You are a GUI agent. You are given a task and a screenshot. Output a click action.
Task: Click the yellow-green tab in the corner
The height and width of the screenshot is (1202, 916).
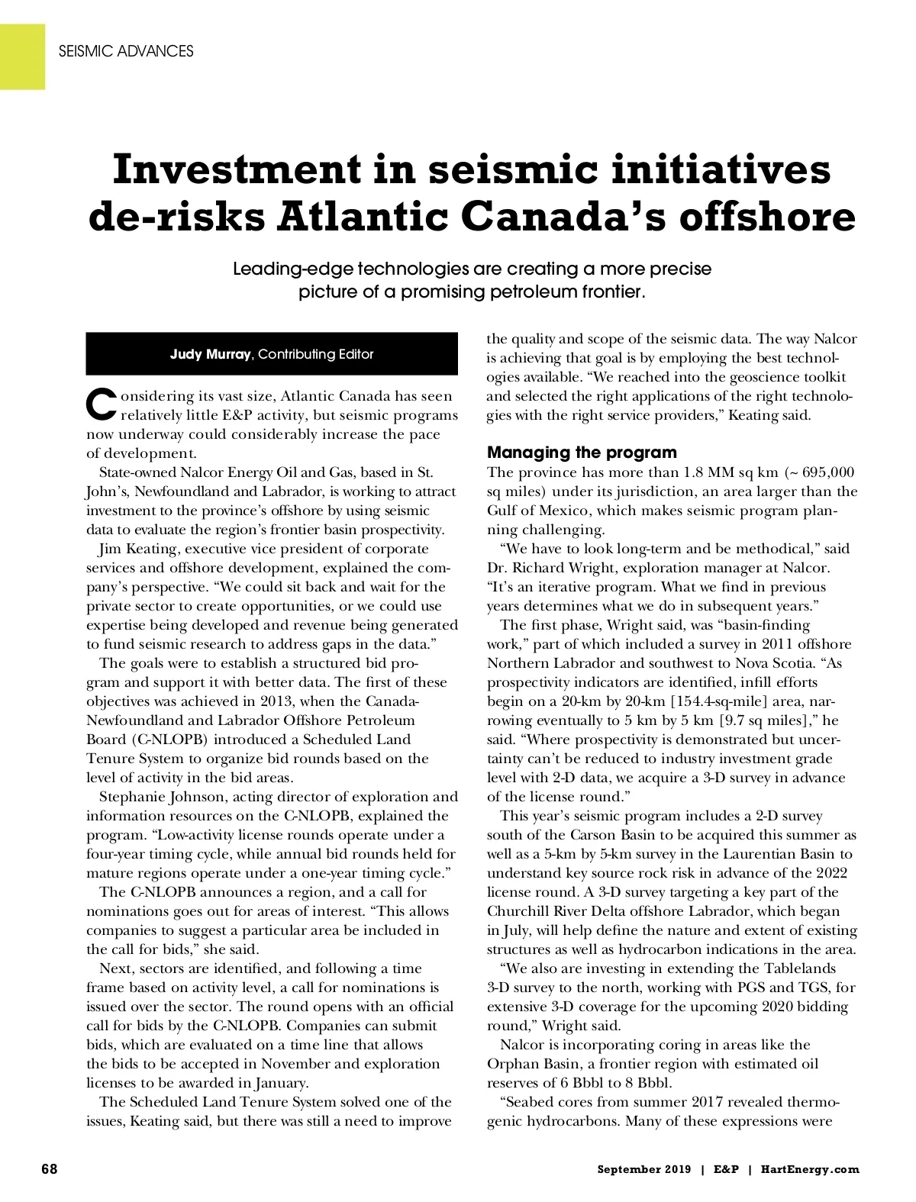click(x=22, y=56)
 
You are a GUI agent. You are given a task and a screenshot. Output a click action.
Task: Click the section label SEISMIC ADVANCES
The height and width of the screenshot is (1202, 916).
click(x=126, y=51)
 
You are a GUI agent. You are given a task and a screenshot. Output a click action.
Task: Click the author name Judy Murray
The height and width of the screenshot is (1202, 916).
click(x=210, y=354)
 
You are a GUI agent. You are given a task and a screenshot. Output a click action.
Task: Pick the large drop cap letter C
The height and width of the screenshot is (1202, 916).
click(x=102, y=404)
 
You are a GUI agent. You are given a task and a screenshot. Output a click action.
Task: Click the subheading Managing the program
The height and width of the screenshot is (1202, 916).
click(x=582, y=453)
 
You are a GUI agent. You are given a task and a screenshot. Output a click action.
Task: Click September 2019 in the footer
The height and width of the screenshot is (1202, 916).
click(x=644, y=1169)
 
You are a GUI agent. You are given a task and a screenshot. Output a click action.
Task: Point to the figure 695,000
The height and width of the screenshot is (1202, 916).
click(x=827, y=472)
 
